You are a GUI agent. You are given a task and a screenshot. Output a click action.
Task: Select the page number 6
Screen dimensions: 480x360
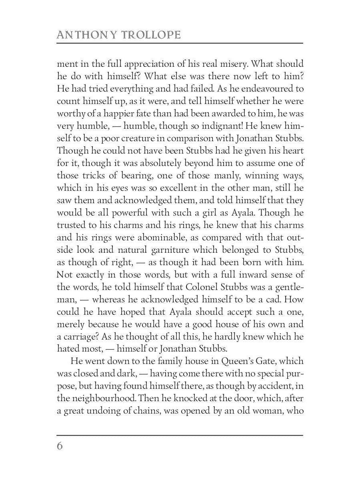coord(60,446)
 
